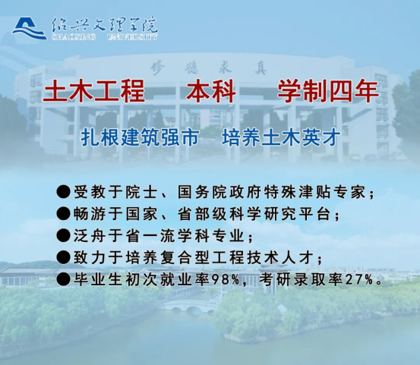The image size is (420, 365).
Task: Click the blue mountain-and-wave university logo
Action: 29,29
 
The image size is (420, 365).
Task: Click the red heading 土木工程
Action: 94,92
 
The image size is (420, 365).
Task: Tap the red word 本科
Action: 211,92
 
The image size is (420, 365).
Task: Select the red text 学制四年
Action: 328,92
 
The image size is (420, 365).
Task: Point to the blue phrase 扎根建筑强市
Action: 140,137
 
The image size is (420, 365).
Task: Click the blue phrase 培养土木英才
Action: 281,137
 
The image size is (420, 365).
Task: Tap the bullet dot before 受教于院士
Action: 64,192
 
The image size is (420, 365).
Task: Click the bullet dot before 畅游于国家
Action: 64,214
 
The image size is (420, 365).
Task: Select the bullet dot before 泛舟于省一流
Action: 64,236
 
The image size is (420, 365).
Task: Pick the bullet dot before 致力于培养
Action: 64,258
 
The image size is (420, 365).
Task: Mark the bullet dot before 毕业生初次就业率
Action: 64,280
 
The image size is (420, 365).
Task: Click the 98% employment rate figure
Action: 226,280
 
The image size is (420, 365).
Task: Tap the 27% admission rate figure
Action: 359,280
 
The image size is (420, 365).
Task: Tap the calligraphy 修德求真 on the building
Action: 208,68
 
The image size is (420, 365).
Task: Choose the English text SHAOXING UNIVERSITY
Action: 105,37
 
